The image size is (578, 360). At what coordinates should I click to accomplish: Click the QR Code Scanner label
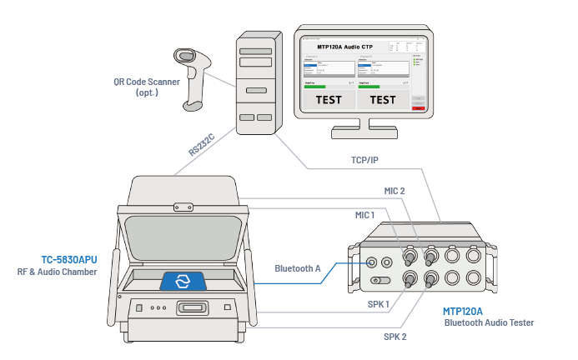tap(147, 82)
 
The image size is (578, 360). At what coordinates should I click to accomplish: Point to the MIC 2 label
tap(395, 191)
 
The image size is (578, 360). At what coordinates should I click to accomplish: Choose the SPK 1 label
tap(379, 303)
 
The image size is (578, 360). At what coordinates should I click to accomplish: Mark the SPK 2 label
tap(395, 337)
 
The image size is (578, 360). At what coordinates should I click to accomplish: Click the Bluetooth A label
tap(298, 268)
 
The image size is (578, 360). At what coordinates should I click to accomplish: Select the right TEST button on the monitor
tap(382, 100)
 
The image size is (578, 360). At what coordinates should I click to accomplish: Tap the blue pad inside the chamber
tap(186, 281)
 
